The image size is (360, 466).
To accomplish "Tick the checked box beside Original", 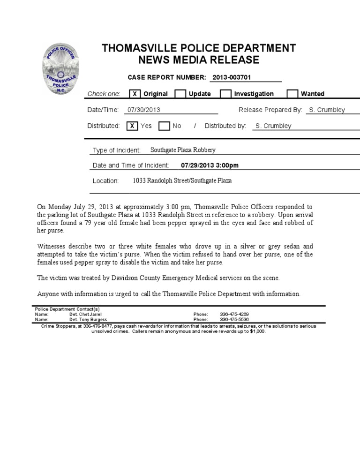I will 134,94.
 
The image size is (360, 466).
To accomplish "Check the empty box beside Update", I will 180,94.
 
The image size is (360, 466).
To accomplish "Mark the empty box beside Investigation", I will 225,94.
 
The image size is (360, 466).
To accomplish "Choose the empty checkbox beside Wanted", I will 292,94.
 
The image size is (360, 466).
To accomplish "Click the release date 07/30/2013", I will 144,110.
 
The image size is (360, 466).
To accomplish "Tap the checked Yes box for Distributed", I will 132,126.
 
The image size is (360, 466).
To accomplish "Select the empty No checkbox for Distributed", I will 164,126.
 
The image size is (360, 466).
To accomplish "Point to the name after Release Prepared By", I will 327,110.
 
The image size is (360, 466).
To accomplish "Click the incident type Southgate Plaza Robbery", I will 183,150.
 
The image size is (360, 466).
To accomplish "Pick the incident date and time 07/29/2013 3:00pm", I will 210,165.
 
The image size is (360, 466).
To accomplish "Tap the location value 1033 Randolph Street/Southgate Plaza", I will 182,180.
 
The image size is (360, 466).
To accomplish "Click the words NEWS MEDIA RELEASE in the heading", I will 199,60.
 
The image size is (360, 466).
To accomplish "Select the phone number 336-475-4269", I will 234,314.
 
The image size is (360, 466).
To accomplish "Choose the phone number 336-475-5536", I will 234,319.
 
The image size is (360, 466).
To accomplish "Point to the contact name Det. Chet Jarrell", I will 86,314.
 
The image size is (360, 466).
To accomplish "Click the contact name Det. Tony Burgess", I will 88,319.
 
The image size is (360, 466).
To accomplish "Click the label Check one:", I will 104,94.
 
